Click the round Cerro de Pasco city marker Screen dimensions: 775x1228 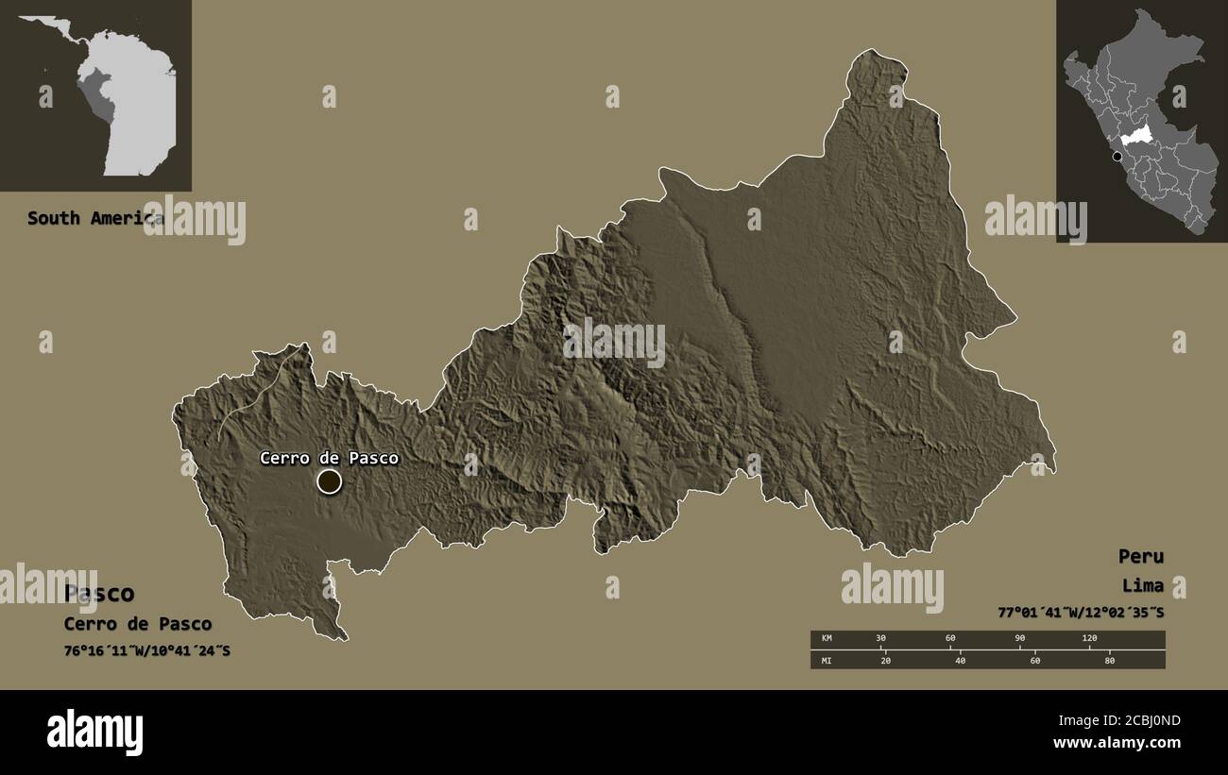329,481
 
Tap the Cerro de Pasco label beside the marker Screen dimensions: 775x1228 329,459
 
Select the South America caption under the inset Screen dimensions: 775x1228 94,218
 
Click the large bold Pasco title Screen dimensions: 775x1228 99,594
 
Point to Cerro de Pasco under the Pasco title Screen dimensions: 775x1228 138,624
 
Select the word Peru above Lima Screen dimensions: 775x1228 1140,556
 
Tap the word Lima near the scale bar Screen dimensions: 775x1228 1143,585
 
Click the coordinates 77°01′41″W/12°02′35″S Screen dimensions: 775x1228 1081,613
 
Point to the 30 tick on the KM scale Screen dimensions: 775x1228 880,639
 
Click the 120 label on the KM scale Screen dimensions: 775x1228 1089,639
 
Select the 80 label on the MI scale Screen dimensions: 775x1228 1109,660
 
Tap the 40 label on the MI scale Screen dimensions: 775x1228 960,660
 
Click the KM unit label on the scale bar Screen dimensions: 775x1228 827,639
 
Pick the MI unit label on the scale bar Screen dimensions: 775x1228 827,660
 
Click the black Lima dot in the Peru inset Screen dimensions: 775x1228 1117,156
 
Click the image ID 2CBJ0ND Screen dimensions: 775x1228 1141,721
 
